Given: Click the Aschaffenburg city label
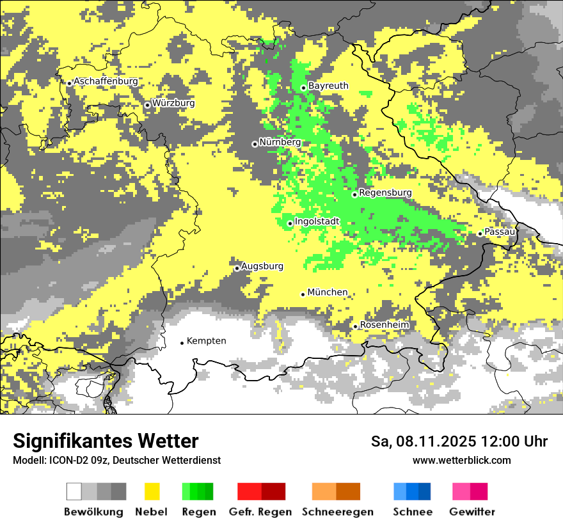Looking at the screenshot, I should click(106, 82).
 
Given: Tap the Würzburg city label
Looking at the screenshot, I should click(173, 103).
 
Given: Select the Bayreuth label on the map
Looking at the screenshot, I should click(328, 86).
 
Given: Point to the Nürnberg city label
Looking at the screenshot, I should click(280, 142).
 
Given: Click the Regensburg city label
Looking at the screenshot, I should click(385, 193).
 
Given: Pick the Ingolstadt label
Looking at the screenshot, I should click(317, 222).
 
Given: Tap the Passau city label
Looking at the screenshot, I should click(500, 232).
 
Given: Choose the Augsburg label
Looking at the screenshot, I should click(262, 266).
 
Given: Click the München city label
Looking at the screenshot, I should click(328, 292).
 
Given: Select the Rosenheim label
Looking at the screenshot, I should click(384, 325).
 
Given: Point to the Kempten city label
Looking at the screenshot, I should click(206, 341).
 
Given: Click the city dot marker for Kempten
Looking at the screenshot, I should click(182, 343).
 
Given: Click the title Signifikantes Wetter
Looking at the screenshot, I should click(106, 441).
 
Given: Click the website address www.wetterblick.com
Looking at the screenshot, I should click(461, 461).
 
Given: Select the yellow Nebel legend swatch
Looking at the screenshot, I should click(152, 491).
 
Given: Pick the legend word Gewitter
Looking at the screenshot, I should click(472, 512).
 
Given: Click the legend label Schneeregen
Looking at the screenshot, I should click(337, 512).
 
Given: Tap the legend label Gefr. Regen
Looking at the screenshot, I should click(260, 512).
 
